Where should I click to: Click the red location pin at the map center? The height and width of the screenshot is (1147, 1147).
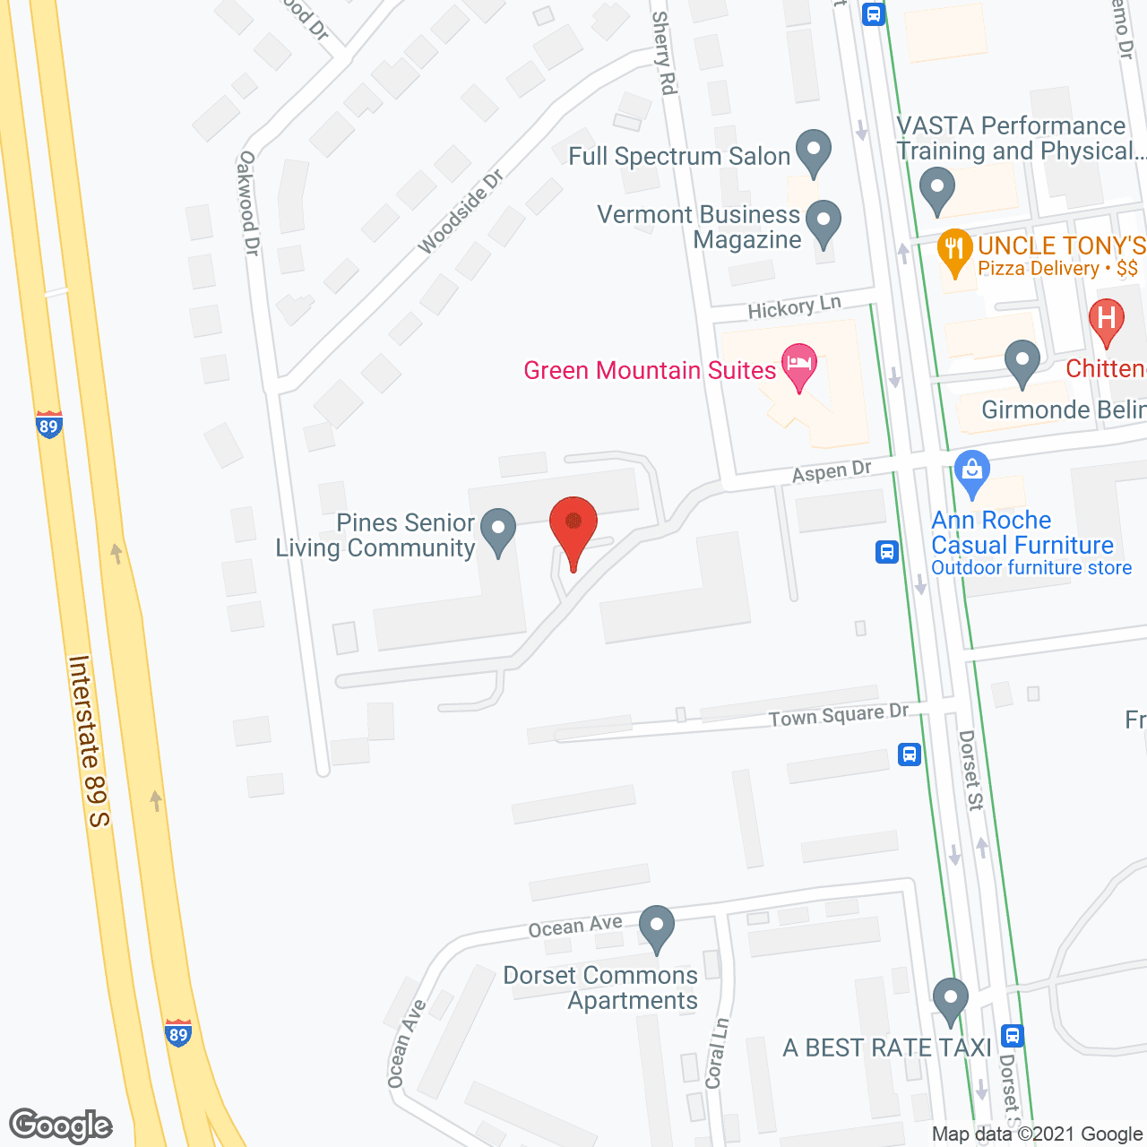coord(573,525)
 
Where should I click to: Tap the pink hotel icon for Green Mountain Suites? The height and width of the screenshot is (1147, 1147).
coord(799,365)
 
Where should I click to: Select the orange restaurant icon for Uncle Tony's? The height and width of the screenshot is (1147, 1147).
coord(954,250)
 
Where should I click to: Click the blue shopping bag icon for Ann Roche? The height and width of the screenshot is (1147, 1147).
coord(971,470)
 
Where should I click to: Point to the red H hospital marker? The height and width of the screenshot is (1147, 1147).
coord(1106,319)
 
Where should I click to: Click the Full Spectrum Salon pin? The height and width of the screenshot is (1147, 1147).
coord(814,150)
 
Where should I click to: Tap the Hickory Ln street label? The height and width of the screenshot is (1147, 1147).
coord(795,307)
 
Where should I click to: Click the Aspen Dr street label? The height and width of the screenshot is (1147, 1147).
coord(832,471)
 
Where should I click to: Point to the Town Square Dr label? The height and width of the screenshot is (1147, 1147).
coord(839,716)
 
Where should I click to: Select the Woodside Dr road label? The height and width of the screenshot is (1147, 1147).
coord(461,211)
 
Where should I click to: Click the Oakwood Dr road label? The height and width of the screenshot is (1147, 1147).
coord(248,203)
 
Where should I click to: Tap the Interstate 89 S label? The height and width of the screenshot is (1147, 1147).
coord(89,741)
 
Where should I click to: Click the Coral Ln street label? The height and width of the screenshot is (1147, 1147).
coord(717,1053)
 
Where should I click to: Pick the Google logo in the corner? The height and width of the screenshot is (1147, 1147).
coord(61,1125)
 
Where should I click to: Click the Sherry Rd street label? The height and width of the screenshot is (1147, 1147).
coord(664,53)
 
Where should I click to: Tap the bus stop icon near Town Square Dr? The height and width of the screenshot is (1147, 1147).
coord(910,755)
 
